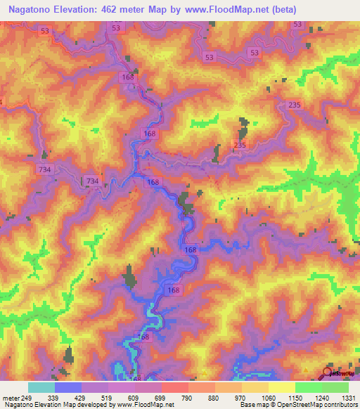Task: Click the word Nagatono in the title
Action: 32,10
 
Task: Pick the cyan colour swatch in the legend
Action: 41,387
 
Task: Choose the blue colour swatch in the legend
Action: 68,387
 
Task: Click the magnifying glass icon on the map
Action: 328,373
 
